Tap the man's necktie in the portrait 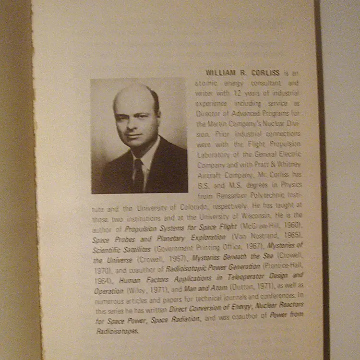tap(139, 175)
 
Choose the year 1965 tap(288, 236)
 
